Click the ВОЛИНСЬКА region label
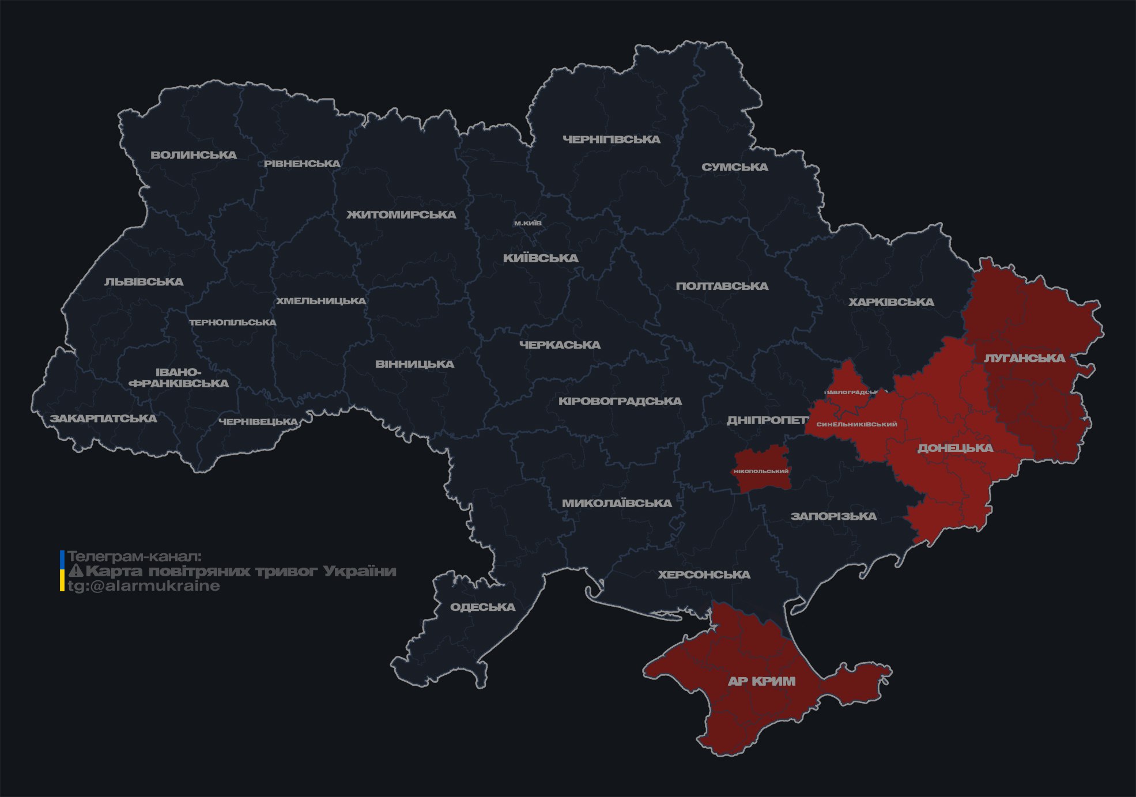click(194, 155)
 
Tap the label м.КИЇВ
click(528, 223)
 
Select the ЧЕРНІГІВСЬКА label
click(611, 139)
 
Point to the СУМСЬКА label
click(734, 167)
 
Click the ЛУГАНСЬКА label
click(1024, 358)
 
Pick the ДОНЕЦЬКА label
click(955, 448)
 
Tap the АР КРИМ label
click(761, 681)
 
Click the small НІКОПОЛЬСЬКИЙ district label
click(761, 471)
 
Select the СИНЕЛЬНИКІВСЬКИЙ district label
click(856, 424)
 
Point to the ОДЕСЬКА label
click(482, 607)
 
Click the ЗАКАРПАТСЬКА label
click(103, 418)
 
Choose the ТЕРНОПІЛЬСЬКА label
click(233, 322)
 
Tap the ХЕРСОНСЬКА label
click(704, 575)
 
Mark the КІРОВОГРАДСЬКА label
click(620, 401)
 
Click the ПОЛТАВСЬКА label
click(722, 286)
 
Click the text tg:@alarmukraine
click(144, 586)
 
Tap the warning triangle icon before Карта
click(76, 571)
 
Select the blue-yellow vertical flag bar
click(62, 571)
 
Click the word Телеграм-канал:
click(134, 557)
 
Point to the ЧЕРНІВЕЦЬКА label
click(258, 422)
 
